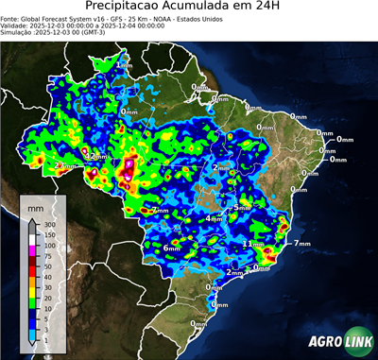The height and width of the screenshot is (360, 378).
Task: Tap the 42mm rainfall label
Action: pyautogui.click(x=94, y=154)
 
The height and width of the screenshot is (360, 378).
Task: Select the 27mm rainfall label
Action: pyautogui.click(x=65, y=166)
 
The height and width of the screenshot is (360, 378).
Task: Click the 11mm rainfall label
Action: pyautogui.click(x=253, y=244)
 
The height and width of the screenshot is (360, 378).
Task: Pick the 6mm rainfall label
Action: pyautogui.click(x=172, y=248)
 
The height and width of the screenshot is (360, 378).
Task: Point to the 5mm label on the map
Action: pyautogui.click(x=243, y=207)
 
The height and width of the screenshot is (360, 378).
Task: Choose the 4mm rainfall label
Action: pyautogui.click(x=215, y=219)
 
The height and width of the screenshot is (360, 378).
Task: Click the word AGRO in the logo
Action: pyautogui.click(x=321, y=345)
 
